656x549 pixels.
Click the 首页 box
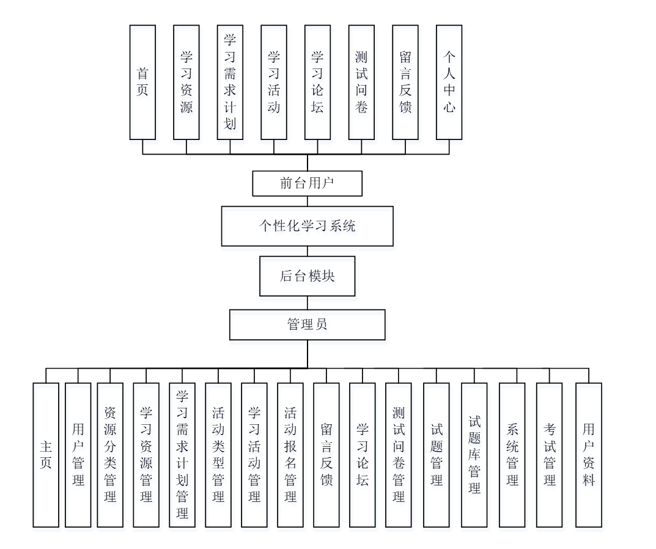[x=142, y=82]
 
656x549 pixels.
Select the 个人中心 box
[x=449, y=82]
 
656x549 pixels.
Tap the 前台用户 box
[x=307, y=183]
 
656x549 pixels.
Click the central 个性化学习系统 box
[x=307, y=226]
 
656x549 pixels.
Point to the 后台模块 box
[x=307, y=276]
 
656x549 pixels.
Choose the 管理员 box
[x=307, y=325]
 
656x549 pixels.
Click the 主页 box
[x=46, y=455]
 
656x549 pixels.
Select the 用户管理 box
[x=78, y=455]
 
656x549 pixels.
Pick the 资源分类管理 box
[x=110, y=455]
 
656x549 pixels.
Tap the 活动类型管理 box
[x=218, y=455]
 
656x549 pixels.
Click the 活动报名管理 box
[x=290, y=455]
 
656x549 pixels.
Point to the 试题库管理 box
[x=474, y=455]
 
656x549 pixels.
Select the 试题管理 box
[x=436, y=455]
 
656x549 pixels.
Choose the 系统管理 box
[x=512, y=455]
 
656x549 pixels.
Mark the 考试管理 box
[x=550, y=455]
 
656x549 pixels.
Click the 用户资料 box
[x=589, y=455]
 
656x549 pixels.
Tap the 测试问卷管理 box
[x=399, y=455]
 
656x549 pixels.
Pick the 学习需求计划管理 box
[x=182, y=455]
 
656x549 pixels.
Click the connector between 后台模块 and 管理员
[x=307, y=303]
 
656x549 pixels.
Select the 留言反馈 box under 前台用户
[x=405, y=82]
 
